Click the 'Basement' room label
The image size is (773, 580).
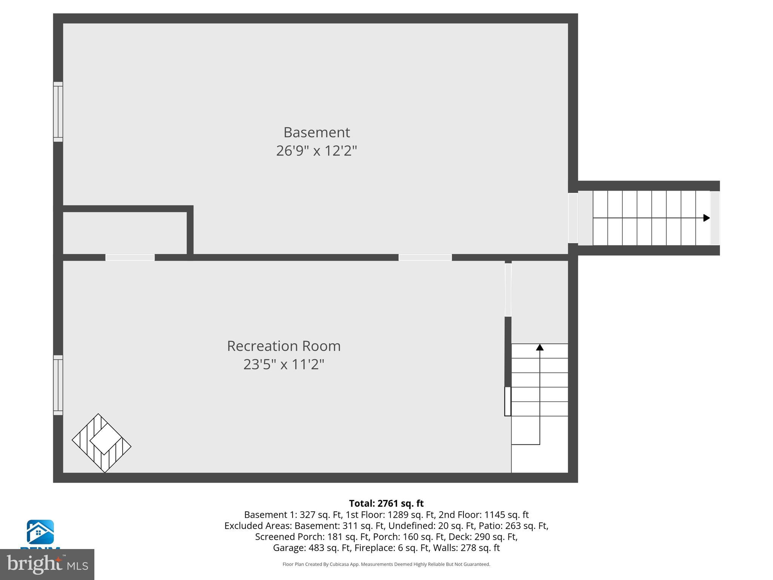point(317,133)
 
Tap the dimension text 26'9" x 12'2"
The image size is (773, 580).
point(316,151)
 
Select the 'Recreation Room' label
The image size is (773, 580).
point(283,346)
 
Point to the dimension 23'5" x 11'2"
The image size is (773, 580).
point(283,364)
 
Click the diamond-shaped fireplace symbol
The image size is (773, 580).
point(102,443)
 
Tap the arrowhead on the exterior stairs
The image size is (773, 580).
point(706,218)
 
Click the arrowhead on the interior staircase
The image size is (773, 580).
point(540,347)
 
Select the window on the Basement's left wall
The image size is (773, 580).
point(58,112)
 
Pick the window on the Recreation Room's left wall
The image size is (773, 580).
point(58,385)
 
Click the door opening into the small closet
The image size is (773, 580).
point(130,258)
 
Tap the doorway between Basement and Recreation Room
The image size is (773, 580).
point(425,258)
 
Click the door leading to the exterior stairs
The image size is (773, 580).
point(573,218)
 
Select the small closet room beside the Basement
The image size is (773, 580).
point(125,233)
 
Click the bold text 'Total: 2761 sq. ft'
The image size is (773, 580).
point(386,503)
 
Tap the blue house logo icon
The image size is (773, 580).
point(40,532)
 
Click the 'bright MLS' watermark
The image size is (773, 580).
point(47,564)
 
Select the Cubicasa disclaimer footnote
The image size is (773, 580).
point(386,565)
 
